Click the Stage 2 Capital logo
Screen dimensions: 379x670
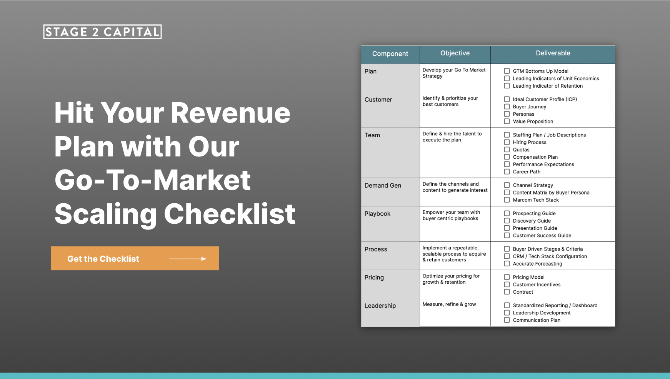(x=102, y=32)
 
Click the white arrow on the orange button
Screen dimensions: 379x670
(x=188, y=259)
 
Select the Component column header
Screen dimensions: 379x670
(x=390, y=54)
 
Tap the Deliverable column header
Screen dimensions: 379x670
(x=553, y=53)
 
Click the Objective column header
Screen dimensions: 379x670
(x=455, y=53)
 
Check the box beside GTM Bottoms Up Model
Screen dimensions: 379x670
(x=507, y=71)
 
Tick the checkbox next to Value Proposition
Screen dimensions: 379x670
(x=507, y=121)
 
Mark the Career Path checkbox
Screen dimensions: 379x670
(x=507, y=172)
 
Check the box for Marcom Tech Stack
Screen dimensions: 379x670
(x=507, y=200)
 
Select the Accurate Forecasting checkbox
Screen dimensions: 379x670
(x=507, y=264)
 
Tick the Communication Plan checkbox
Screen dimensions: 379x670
(x=507, y=320)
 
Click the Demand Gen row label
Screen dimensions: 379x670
(x=383, y=186)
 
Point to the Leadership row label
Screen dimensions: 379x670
(x=380, y=306)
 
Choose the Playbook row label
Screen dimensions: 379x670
(x=377, y=214)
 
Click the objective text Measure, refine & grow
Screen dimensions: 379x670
(x=449, y=304)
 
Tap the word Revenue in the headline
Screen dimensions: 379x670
(x=230, y=113)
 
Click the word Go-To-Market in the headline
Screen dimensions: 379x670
(x=153, y=180)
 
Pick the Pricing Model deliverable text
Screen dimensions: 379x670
(x=528, y=277)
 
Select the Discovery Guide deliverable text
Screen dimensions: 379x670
(x=532, y=221)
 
